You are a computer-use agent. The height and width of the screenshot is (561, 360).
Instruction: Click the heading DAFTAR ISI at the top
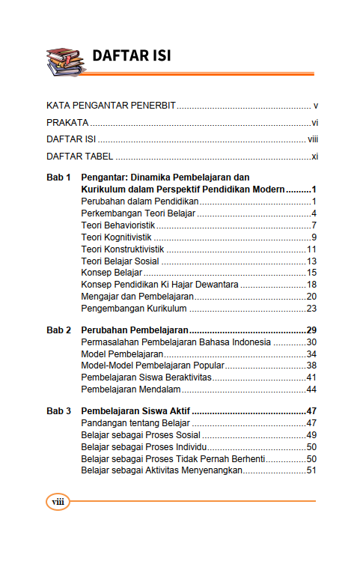pos(132,56)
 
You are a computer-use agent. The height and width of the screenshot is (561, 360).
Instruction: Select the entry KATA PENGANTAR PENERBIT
pos(111,106)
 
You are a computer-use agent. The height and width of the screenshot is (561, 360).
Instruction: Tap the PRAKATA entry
pos(67,122)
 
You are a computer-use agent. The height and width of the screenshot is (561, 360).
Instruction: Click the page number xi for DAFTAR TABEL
pos(316,157)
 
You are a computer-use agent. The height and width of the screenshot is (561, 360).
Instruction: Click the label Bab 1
pos(58,178)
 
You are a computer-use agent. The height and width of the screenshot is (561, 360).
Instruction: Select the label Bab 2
pos(58,330)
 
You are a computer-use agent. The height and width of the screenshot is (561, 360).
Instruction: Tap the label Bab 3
pos(58,411)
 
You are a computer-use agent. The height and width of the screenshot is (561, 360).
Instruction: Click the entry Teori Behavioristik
pos(118,225)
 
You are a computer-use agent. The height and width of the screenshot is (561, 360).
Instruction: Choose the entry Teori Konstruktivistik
pos(123,249)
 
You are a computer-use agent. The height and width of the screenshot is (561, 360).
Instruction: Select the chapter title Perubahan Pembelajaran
pos(134,330)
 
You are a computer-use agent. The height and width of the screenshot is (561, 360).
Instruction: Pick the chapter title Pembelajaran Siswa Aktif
pos(135,411)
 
